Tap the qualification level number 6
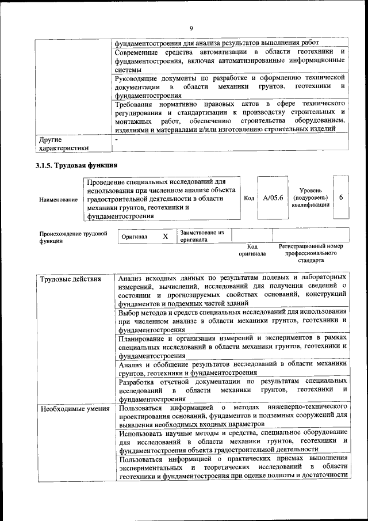coord(341,197)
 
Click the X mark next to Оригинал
coord(166,237)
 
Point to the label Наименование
coord(59,200)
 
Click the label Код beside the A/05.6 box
coord(249,197)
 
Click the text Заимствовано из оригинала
coord(201,236)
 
